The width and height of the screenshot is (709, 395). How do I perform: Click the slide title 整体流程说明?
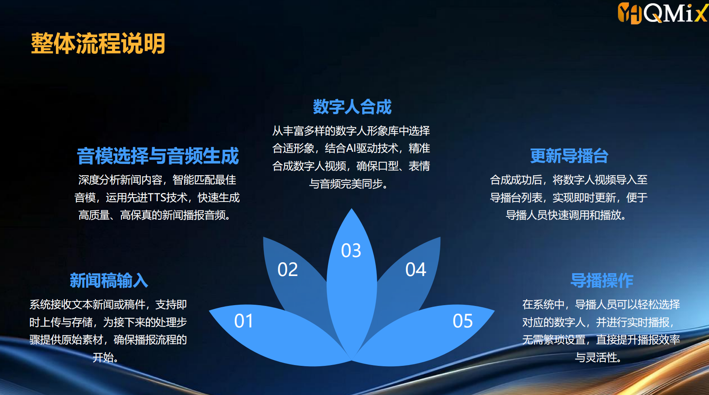point(98,43)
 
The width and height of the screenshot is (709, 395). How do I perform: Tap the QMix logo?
point(662,13)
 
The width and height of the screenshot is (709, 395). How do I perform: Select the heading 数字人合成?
point(352,107)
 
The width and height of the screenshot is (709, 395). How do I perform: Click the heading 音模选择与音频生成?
point(158,156)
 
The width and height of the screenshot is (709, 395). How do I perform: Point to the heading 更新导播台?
point(569,156)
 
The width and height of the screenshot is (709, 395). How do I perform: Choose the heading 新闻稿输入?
point(109,280)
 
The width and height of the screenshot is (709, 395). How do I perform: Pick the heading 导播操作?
point(602,280)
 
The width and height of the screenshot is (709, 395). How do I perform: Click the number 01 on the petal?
point(244,321)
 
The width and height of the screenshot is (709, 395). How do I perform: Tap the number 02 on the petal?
point(288,270)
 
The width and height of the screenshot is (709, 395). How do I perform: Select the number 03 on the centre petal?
point(351,251)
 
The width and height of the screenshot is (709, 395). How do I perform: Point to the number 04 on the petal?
point(416,270)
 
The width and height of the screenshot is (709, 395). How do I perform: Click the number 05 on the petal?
point(463,321)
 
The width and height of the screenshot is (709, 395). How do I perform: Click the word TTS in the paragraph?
point(157,197)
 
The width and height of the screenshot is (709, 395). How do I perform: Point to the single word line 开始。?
point(106,357)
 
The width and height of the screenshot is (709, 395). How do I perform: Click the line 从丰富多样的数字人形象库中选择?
point(351,131)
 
